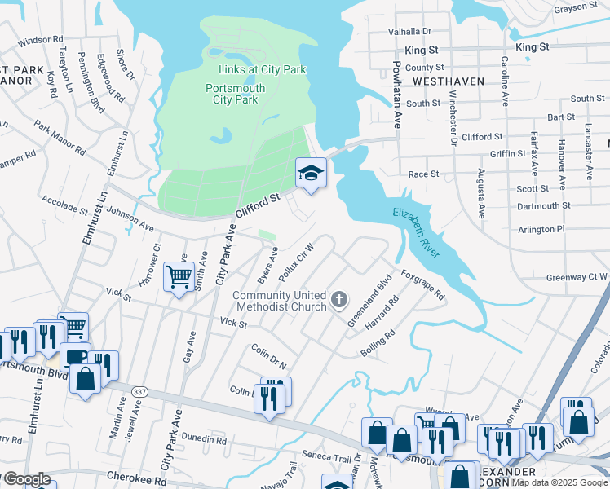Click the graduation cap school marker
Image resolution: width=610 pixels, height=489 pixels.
[310, 173]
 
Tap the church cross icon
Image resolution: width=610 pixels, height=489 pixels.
[340, 301]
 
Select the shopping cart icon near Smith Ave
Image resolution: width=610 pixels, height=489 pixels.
[178, 275]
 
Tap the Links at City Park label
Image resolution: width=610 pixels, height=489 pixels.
[262, 70]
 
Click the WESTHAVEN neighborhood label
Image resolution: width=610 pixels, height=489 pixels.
[448, 81]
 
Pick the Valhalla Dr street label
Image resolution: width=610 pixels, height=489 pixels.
[409, 31]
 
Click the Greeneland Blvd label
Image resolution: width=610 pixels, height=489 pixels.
[369, 300]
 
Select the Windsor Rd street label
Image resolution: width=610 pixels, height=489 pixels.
[40, 39]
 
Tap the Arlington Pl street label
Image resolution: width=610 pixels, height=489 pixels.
[541, 230]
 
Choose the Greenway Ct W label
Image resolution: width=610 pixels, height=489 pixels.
[576, 276]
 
